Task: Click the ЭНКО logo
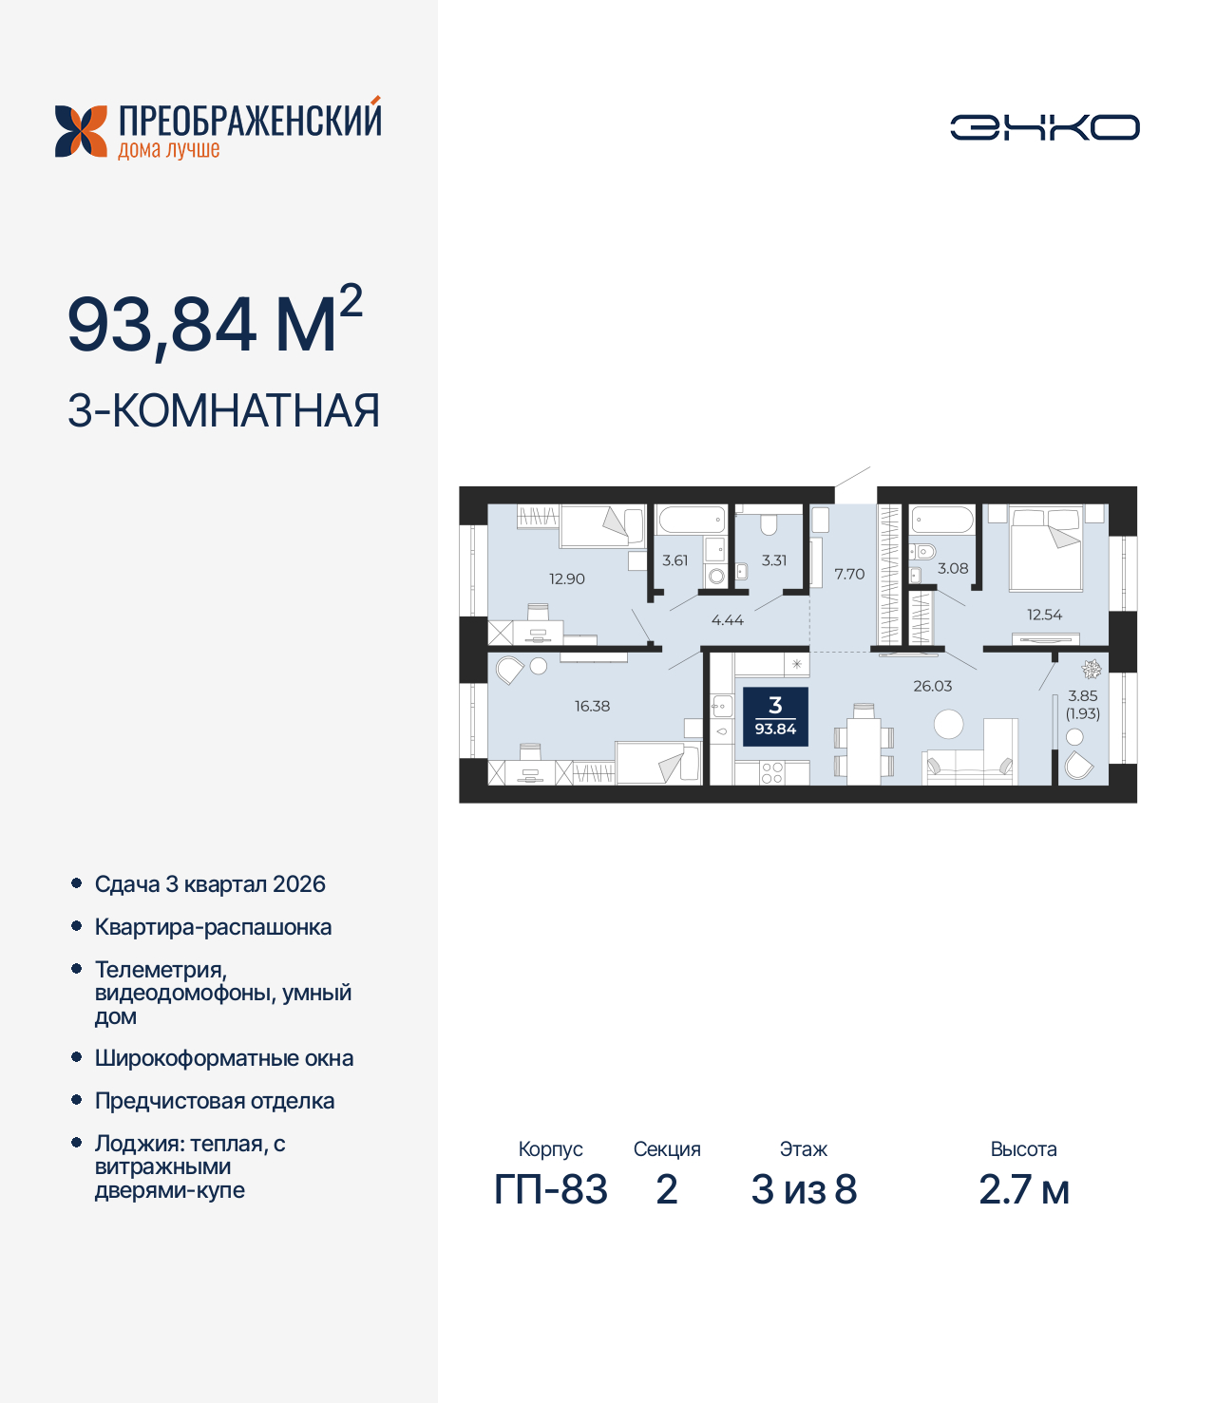1044,127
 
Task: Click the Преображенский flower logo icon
81,131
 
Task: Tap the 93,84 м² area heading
215,323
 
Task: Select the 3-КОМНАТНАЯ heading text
223,411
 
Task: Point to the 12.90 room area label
567,578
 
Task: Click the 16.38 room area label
592,706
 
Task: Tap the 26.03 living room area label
932,686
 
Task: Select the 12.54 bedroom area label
1044,615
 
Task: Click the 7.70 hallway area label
849,574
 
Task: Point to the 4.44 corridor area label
728,620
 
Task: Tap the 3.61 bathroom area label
675,560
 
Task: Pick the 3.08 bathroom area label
953,568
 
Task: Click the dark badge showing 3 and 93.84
775,716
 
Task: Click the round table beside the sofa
948,725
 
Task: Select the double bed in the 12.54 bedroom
1046,549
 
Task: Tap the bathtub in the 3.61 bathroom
692,520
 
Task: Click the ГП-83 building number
551,1189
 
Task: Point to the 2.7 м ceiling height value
1024,1189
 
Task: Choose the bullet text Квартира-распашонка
213,927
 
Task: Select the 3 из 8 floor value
804,1189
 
